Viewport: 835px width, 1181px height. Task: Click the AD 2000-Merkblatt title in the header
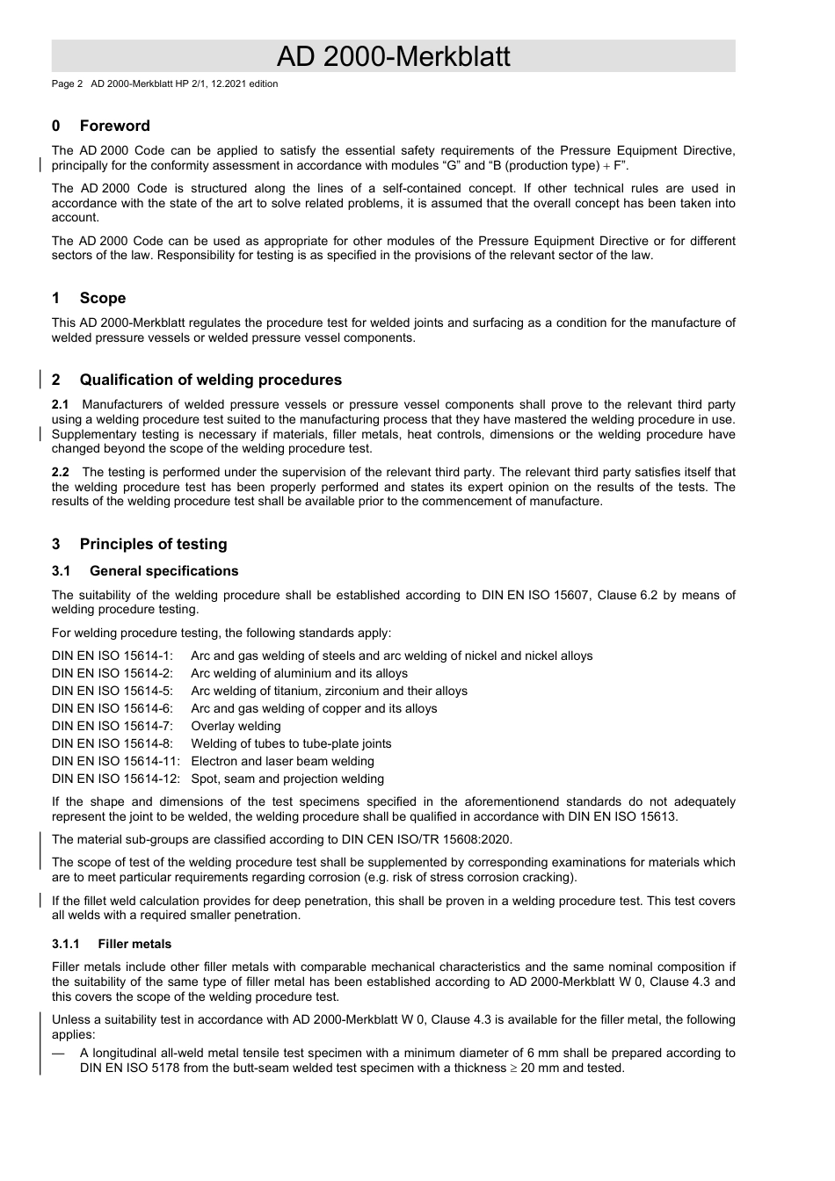click(x=393, y=56)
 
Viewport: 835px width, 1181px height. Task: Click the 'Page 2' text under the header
click(x=67, y=84)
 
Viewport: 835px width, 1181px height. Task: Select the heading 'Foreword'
click(x=114, y=126)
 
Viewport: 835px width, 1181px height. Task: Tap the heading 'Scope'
click(x=102, y=298)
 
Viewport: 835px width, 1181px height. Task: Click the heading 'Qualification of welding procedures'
click(x=210, y=380)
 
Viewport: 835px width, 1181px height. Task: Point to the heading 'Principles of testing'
click(x=153, y=544)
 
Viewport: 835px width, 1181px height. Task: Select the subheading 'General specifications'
click(x=163, y=571)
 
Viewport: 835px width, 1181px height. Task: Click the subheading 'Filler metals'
click(x=134, y=944)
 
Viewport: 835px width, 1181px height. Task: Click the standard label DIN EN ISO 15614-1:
click(x=113, y=656)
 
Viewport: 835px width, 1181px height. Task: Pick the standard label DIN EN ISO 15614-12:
click(x=115, y=779)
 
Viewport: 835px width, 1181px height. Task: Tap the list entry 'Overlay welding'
click(x=236, y=727)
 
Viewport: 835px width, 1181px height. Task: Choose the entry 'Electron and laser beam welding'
click(x=282, y=762)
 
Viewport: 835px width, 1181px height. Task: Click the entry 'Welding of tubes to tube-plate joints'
click(x=291, y=744)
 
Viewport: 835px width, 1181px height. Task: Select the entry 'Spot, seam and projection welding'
click(x=287, y=779)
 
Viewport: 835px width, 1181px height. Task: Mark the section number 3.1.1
click(x=66, y=944)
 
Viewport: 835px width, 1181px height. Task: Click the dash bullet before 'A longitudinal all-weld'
click(x=58, y=1054)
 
